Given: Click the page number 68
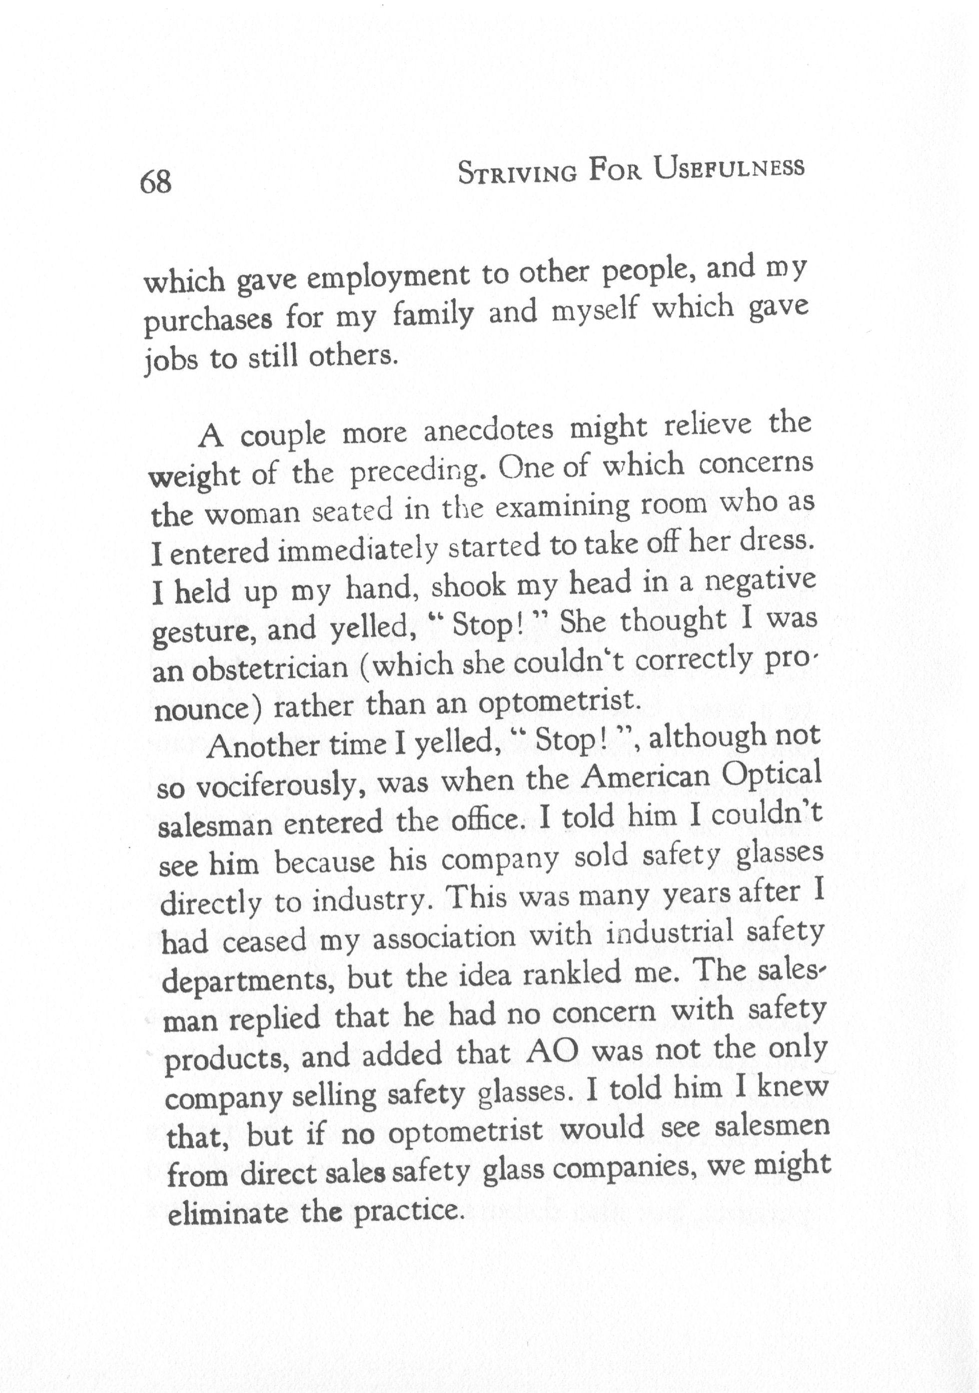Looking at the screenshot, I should [155, 181].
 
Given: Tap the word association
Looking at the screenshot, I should [444, 938].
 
